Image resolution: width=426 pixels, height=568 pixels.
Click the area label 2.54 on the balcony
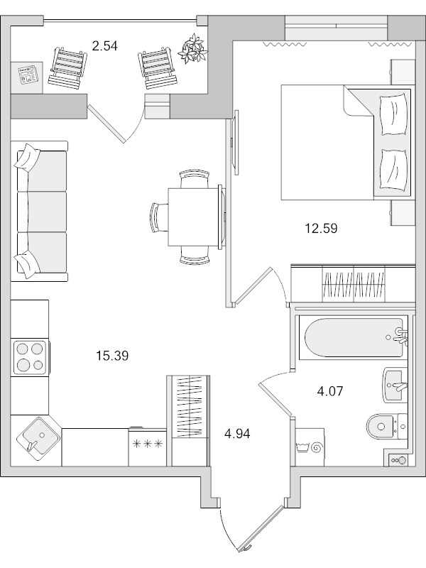click(104, 47)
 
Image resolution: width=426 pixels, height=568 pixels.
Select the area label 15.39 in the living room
click(111, 356)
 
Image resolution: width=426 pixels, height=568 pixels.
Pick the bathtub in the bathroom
click(351, 337)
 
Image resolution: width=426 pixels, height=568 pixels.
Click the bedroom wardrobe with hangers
click(354, 283)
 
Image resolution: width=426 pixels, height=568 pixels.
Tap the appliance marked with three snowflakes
click(148, 445)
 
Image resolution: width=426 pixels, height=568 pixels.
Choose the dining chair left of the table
click(158, 216)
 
